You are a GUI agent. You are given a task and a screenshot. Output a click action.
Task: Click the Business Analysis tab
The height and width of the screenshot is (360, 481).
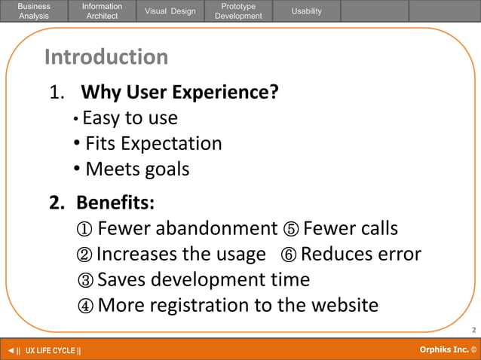34,11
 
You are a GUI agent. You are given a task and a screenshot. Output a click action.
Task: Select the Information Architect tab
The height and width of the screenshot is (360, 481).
102,11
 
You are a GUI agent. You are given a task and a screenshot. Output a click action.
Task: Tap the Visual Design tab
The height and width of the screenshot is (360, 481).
170,11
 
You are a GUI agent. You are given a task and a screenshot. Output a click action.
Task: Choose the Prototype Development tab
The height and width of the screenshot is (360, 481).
238,11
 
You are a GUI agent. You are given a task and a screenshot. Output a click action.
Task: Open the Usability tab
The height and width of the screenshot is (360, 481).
306,11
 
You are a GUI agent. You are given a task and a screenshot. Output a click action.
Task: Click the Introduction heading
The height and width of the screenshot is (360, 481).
106,57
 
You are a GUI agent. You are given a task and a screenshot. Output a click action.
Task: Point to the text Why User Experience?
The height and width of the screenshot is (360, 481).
179,93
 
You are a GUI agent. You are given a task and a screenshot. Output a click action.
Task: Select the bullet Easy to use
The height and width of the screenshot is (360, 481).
130,118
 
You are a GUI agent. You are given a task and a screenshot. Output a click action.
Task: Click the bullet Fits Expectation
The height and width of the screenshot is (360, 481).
153,143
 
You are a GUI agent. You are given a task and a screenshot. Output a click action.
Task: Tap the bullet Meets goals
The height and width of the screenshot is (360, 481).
136,169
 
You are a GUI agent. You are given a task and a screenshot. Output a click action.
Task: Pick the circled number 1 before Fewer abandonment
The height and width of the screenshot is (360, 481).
85,229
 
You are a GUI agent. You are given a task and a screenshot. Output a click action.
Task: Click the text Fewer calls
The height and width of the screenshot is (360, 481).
350,228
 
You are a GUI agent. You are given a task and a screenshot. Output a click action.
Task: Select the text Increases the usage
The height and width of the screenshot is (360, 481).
181,254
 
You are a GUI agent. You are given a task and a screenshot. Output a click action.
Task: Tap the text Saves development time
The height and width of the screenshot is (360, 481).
204,279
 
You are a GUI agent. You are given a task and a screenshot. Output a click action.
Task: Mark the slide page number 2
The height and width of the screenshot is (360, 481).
473,330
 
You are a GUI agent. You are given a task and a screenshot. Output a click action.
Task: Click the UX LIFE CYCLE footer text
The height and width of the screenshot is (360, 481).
53,351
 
